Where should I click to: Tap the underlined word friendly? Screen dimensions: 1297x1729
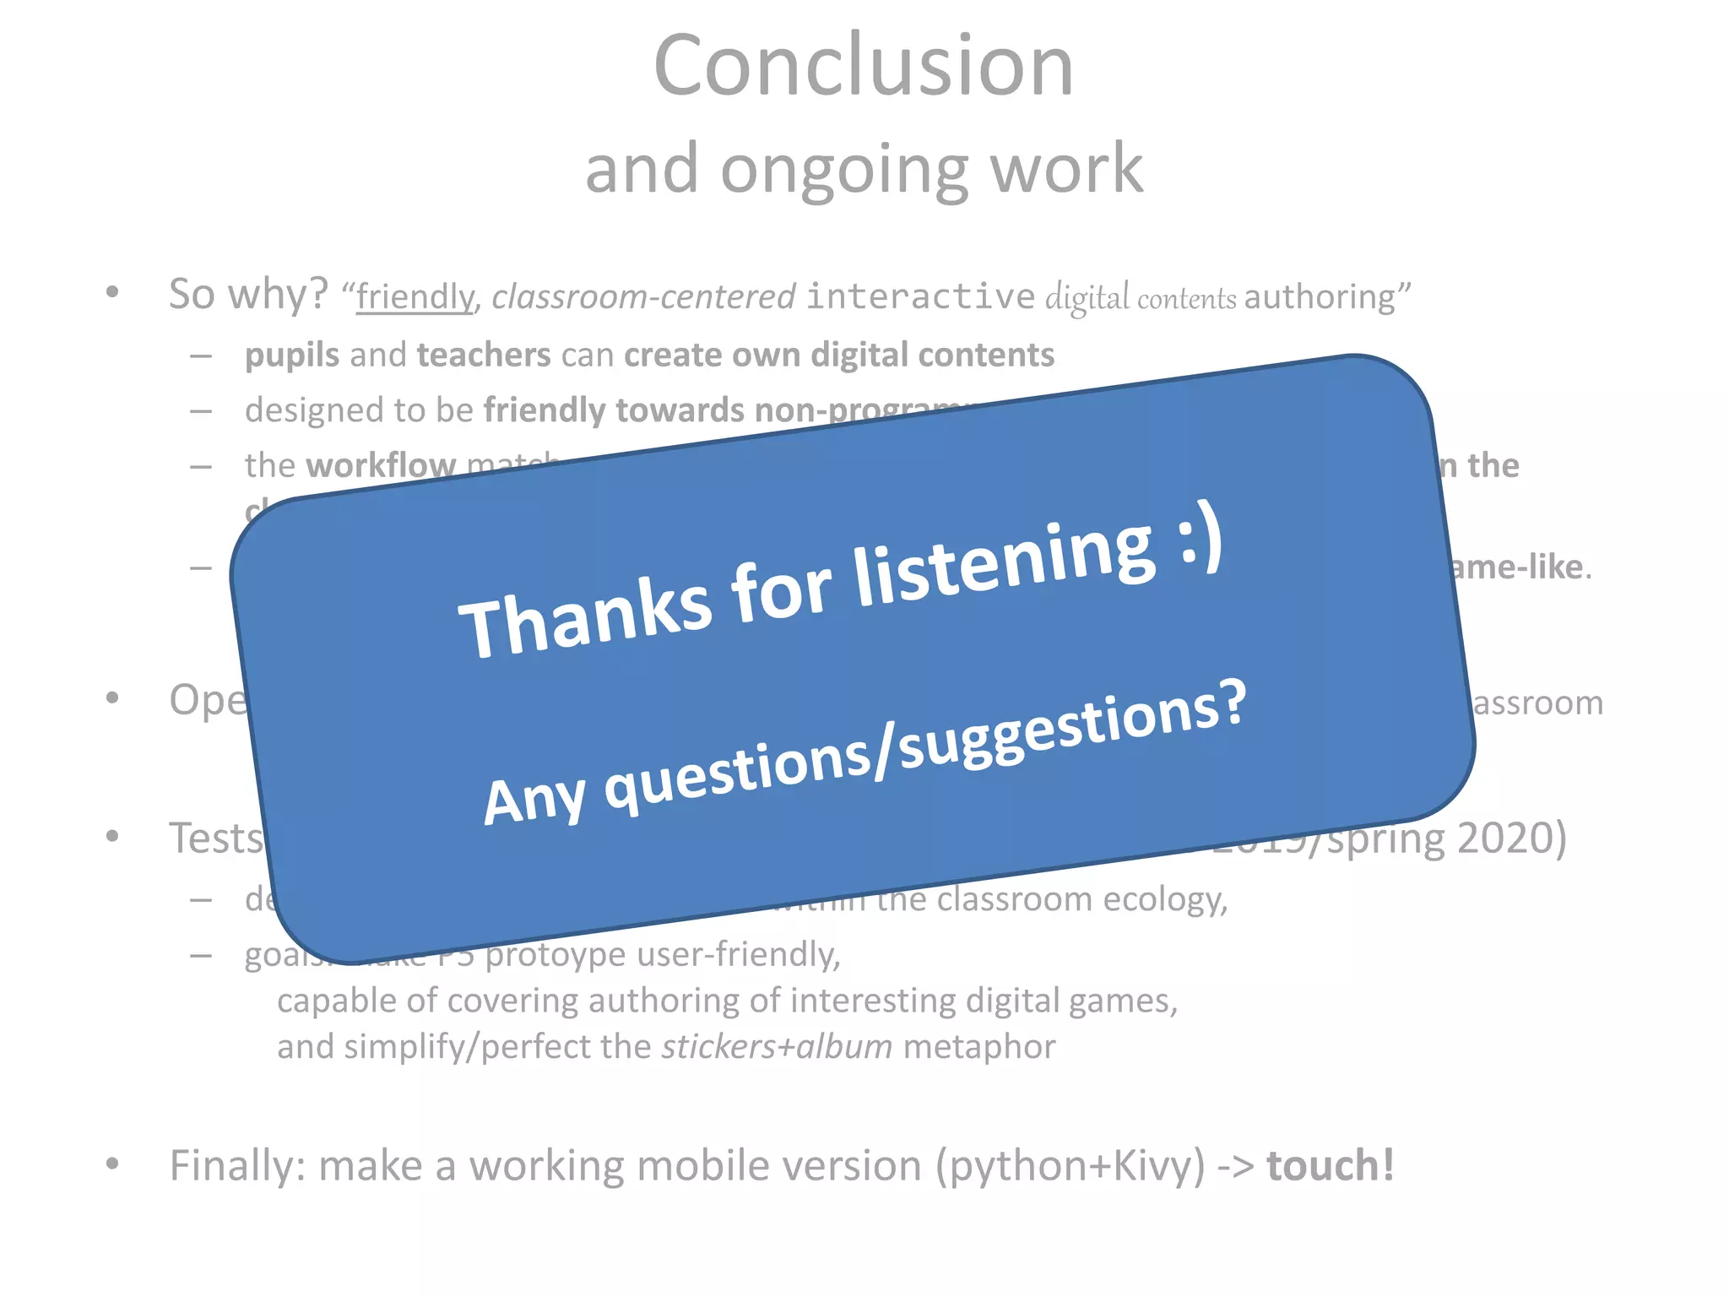[415, 297]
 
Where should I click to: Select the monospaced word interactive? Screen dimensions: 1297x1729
[920, 296]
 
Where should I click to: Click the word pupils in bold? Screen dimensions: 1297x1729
[291, 355]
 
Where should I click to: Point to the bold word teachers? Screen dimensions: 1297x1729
[484, 355]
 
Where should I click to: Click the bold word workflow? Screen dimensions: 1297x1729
[381, 465]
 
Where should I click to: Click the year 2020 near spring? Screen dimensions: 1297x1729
[1511, 838]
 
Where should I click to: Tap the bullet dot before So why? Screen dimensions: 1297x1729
[112, 293]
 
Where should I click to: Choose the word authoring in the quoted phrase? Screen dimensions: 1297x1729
[1320, 297]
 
